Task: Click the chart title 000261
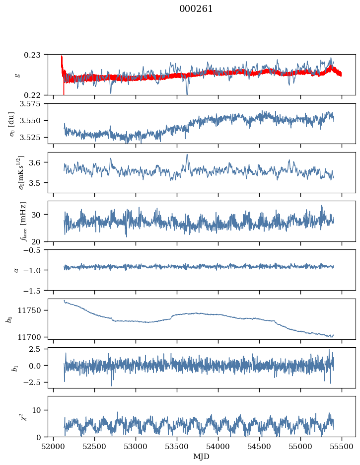[x=196, y=9]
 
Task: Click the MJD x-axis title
[x=201, y=457]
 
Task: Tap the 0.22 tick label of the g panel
[x=35, y=95]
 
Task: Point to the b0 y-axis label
[x=9, y=319]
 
